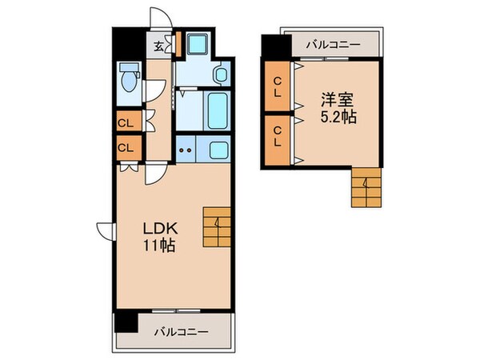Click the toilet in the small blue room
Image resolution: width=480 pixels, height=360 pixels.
127,82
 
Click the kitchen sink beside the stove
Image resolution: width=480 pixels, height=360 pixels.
216,149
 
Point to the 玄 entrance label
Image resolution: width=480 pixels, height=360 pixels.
159,46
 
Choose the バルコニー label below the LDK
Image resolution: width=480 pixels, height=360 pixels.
181,330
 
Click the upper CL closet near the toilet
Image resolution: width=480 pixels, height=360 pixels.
126,122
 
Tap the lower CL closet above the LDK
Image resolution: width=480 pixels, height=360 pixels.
126,147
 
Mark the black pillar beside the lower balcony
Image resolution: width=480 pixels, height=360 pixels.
122,322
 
